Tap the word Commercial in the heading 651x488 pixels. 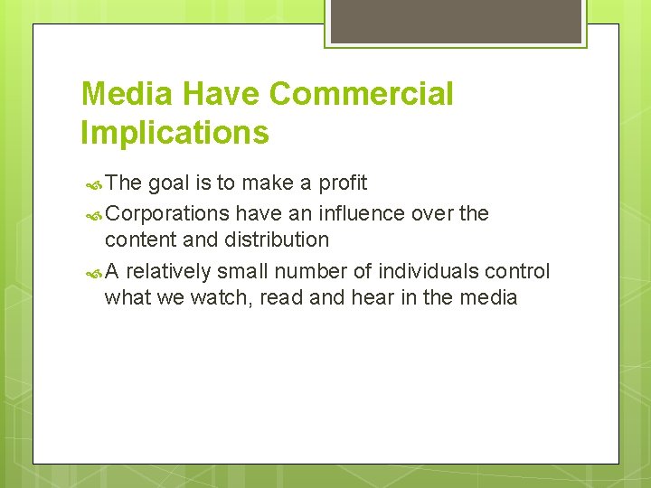tap(361, 94)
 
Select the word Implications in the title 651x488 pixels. tap(175, 133)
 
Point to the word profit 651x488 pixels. tap(343, 183)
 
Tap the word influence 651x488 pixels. tap(360, 214)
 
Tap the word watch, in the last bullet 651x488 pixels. tap(221, 297)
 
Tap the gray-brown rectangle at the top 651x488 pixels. tap(456, 21)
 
